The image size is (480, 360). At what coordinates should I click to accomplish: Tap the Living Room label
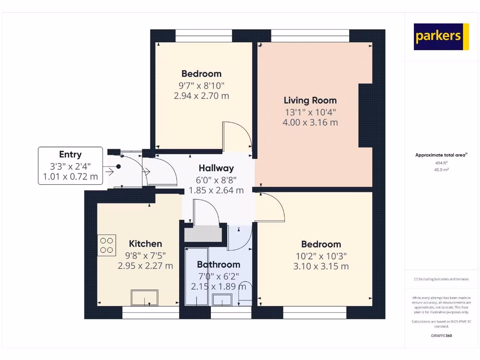click(x=310, y=100)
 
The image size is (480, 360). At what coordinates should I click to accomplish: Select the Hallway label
click(x=216, y=168)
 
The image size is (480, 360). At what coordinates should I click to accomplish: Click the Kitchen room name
click(x=145, y=243)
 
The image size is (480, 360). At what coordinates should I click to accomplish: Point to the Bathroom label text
click(x=218, y=264)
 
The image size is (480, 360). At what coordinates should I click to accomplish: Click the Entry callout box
click(x=70, y=165)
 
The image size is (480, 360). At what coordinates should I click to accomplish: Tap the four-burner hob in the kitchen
click(x=107, y=245)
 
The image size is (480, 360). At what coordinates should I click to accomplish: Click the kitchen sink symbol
click(x=144, y=298)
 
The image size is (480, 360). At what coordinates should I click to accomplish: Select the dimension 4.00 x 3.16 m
click(x=310, y=123)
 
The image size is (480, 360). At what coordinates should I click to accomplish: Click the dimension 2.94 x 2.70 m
click(x=201, y=96)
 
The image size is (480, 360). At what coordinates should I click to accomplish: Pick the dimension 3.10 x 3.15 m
click(x=321, y=267)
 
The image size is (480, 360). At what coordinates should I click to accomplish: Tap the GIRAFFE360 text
click(x=441, y=336)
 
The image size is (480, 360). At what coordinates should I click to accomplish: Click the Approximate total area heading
click(x=441, y=155)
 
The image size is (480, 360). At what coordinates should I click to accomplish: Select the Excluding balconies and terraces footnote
click(x=441, y=279)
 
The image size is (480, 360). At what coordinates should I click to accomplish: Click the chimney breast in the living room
click(x=366, y=115)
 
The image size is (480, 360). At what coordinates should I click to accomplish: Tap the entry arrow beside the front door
click(x=110, y=172)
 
